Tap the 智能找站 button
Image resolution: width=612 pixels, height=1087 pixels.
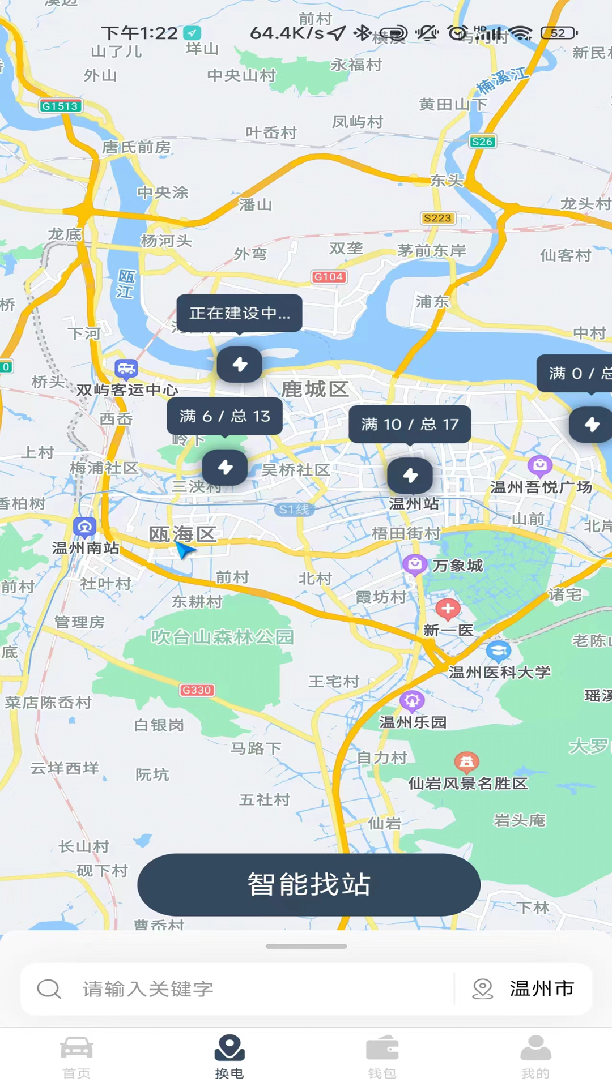click(x=309, y=884)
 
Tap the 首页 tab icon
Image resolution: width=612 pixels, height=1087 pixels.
click(x=76, y=1049)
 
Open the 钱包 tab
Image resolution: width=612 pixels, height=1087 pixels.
click(x=382, y=1056)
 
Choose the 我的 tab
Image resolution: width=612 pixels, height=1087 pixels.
click(x=535, y=1056)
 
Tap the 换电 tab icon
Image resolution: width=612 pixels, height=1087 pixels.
click(x=229, y=1049)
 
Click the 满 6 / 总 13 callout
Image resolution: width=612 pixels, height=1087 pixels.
click(x=224, y=416)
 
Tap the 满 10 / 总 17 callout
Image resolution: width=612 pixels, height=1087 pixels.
click(x=410, y=424)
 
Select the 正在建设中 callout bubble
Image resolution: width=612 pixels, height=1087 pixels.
click(x=239, y=313)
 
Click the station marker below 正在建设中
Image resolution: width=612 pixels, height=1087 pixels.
click(x=240, y=364)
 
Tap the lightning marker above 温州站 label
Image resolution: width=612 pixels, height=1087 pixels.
click(x=410, y=476)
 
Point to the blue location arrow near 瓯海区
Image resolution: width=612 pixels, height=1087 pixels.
click(x=184, y=549)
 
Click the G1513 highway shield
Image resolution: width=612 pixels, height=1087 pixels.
click(x=61, y=106)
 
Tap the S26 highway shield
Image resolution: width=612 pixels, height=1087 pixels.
click(x=482, y=142)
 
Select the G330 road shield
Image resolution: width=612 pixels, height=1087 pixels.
click(x=197, y=690)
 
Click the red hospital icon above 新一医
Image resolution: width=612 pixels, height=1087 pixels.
click(x=448, y=609)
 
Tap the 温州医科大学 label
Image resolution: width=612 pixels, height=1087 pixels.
click(x=500, y=672)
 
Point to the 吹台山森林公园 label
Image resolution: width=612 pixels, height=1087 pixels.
click(x=222, y=637)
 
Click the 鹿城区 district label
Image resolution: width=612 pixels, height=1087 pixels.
click(x=314, y=390)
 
